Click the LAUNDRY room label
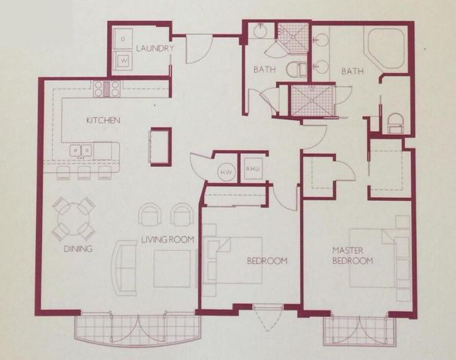155,49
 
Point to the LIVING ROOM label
168,240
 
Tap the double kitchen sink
81,151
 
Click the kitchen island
160,145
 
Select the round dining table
73,218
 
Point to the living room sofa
122,265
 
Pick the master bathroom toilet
395,123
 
